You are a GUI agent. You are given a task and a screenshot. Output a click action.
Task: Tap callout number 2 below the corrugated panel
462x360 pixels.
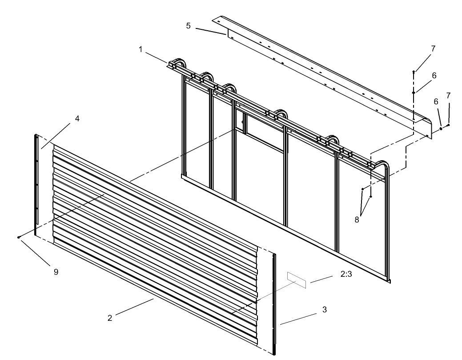click(109, 318)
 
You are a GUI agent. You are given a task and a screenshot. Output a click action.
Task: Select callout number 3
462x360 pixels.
click(325, 309)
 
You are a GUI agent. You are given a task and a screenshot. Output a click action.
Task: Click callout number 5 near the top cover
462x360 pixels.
click(188, 26)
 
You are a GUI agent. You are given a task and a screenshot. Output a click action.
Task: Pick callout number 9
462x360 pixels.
click(56, 271)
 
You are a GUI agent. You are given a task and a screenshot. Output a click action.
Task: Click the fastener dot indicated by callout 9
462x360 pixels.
click(19, 237)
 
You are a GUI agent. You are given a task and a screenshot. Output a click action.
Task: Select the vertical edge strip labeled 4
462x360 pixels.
click(36, 182)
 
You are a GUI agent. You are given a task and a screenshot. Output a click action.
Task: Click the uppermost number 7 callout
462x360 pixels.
click(433, 48)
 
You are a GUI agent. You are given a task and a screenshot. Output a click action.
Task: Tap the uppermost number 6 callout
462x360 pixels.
click(434, 76)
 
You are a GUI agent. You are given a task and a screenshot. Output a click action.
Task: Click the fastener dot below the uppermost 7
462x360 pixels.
click(414, 71)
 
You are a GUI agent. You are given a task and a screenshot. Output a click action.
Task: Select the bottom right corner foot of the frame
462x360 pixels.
click(389, 280)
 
